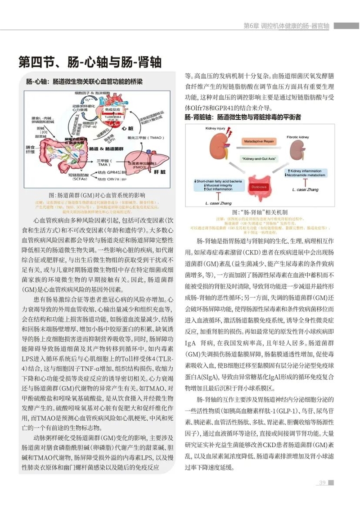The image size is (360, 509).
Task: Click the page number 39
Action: [x=322, y=483]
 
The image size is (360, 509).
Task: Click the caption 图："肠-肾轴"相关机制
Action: [x=260, y=212]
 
